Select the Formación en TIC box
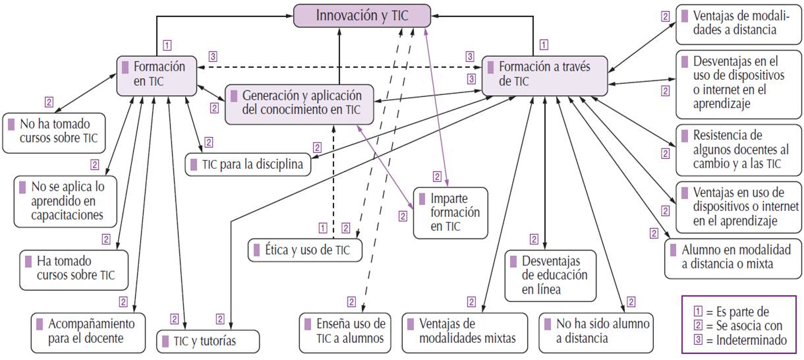click(x=158, y=74)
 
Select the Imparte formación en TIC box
click(x=451, y=212)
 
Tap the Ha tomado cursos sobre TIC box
click(x=69, y=268)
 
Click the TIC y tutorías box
click(x=208, y=342)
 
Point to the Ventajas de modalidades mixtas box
click(x=465, y=332)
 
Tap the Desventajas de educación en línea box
click(x=550, y=275)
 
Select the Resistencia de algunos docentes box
click(x=736, y=149)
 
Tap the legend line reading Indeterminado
click(x=741, y=341)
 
